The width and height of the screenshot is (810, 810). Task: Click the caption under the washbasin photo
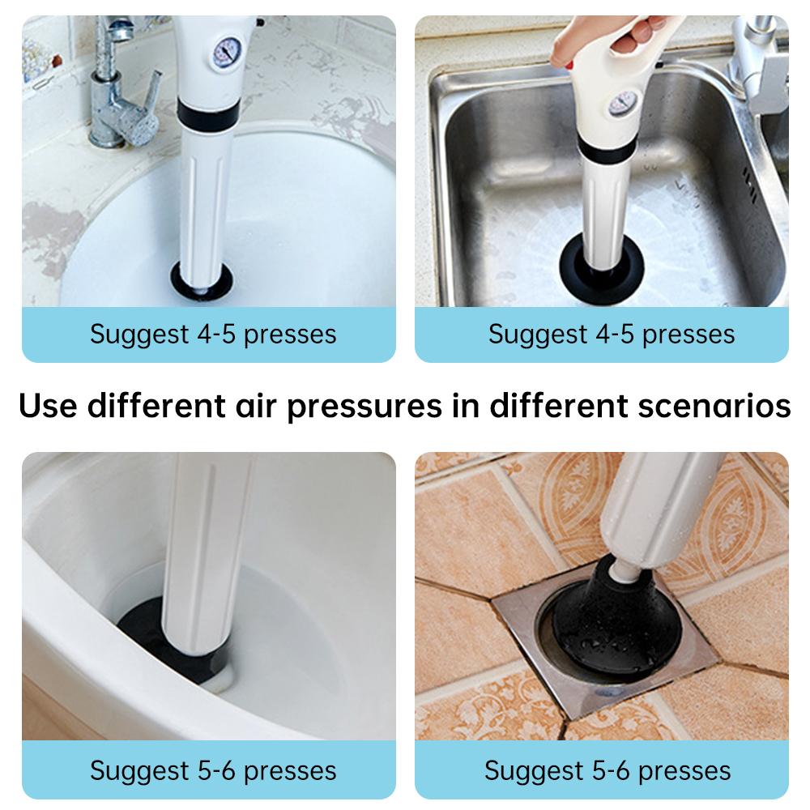(212, 334)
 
